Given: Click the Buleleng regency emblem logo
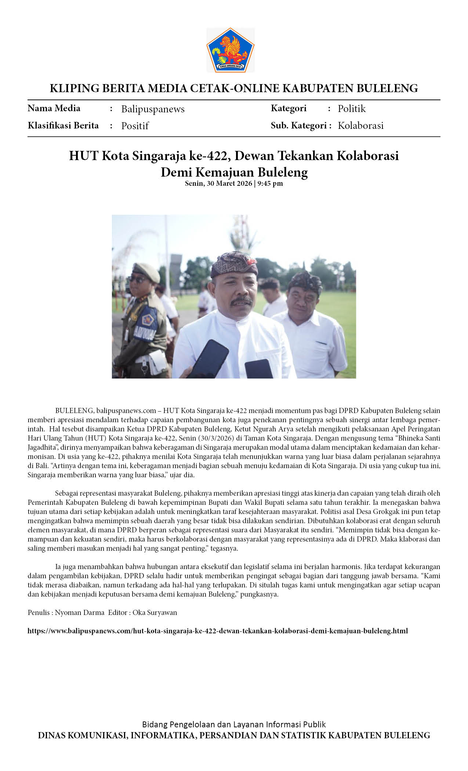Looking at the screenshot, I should [230, 50].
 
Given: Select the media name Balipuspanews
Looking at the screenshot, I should [153, 109].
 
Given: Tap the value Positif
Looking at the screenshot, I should [135, 126].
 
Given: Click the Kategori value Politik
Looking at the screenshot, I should [351, 109].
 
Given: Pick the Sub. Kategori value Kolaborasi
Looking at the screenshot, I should [360, 126].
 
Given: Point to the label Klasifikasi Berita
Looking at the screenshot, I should [63, 126].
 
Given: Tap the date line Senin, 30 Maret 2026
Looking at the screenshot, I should [218, 183].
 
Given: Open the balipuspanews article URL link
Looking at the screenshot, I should [218, 631].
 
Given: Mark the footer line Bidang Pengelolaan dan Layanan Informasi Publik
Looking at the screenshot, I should [234, 724].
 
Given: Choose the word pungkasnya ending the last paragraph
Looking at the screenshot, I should [259, 594].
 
